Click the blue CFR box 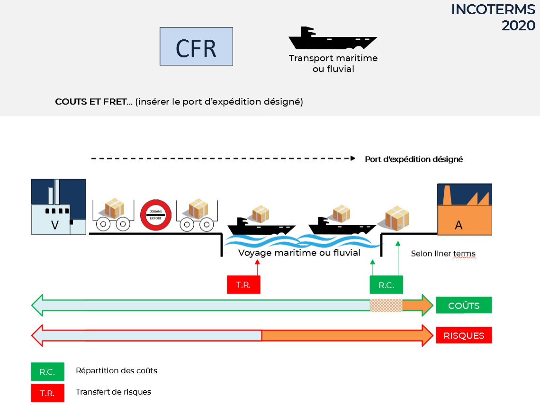coord(196,46)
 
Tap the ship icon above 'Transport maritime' coord(333,38)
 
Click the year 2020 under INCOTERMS coord(518,26)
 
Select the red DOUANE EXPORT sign coord(156,215)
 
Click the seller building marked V coord(59,207)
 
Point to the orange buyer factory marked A coord(465,209)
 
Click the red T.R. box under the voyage coord(243,284)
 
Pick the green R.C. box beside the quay coord(386,285)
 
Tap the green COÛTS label coord(464,305)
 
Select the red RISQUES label coord(464,335)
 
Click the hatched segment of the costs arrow coord(386,305)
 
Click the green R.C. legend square coord(47,371)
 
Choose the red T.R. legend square coord(47,393)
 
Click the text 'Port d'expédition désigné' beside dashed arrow coord(414,159)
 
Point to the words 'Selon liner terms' coord(443,254)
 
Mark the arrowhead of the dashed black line coord(353,158)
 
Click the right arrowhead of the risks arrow coord(428,335)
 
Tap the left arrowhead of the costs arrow coord(37,305)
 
